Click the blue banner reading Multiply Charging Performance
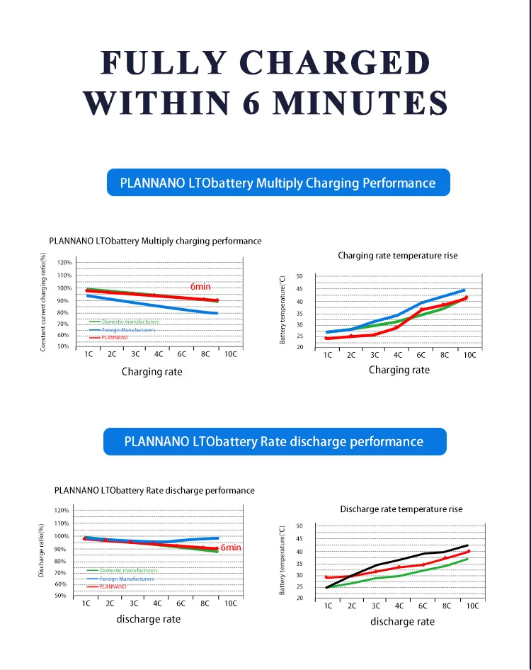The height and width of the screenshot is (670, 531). click(278, 183)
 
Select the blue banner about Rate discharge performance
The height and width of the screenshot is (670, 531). click(274, 441)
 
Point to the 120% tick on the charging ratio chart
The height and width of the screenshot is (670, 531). click(64, 262)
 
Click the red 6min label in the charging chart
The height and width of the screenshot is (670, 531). click(200, 286)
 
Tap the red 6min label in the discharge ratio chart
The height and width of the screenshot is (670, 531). click(231, 547)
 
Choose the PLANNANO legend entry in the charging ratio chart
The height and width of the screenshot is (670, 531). click(114, 338)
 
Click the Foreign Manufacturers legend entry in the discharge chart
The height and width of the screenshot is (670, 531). click(127, 579)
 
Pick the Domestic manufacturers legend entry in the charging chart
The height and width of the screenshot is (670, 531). click(130, 322)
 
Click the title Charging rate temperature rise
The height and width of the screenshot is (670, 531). click(398, 256)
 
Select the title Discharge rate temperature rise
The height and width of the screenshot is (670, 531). click(401, 509)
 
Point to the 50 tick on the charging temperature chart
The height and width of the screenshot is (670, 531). click(299, 276)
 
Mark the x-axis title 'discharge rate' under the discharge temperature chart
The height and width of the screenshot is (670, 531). click(402, 621)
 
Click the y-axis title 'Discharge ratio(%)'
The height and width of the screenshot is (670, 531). click(42, 550)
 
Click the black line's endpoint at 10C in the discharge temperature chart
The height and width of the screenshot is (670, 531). click(467, 545)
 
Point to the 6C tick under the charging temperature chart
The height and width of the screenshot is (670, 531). click(421, 355)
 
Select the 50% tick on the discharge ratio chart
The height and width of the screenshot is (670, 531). click(62, 596)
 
